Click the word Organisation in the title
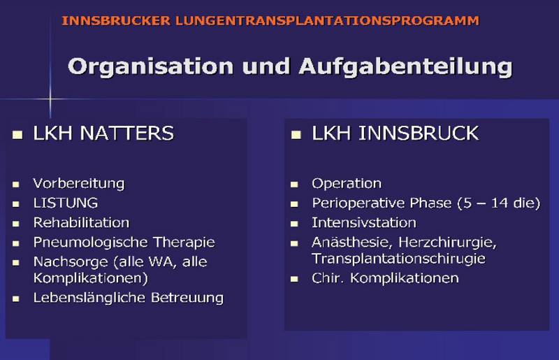(150, 67)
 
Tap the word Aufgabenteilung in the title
(406, 67)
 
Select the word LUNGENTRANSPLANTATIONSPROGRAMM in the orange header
(327, 21)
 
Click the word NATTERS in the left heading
(126, 133)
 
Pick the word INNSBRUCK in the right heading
(418, 133)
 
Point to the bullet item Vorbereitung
(79, 184)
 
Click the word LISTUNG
(66, 203)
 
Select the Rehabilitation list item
(81, 222)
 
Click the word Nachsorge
(71, 262)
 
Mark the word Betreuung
(187, 298)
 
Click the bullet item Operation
(347, 184)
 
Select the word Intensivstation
(364, 222)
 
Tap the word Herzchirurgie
(447, 243)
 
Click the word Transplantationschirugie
(398, 259)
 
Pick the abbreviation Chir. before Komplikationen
(327, 278)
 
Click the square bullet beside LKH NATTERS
(17, 135)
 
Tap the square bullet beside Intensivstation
(294, 224)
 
